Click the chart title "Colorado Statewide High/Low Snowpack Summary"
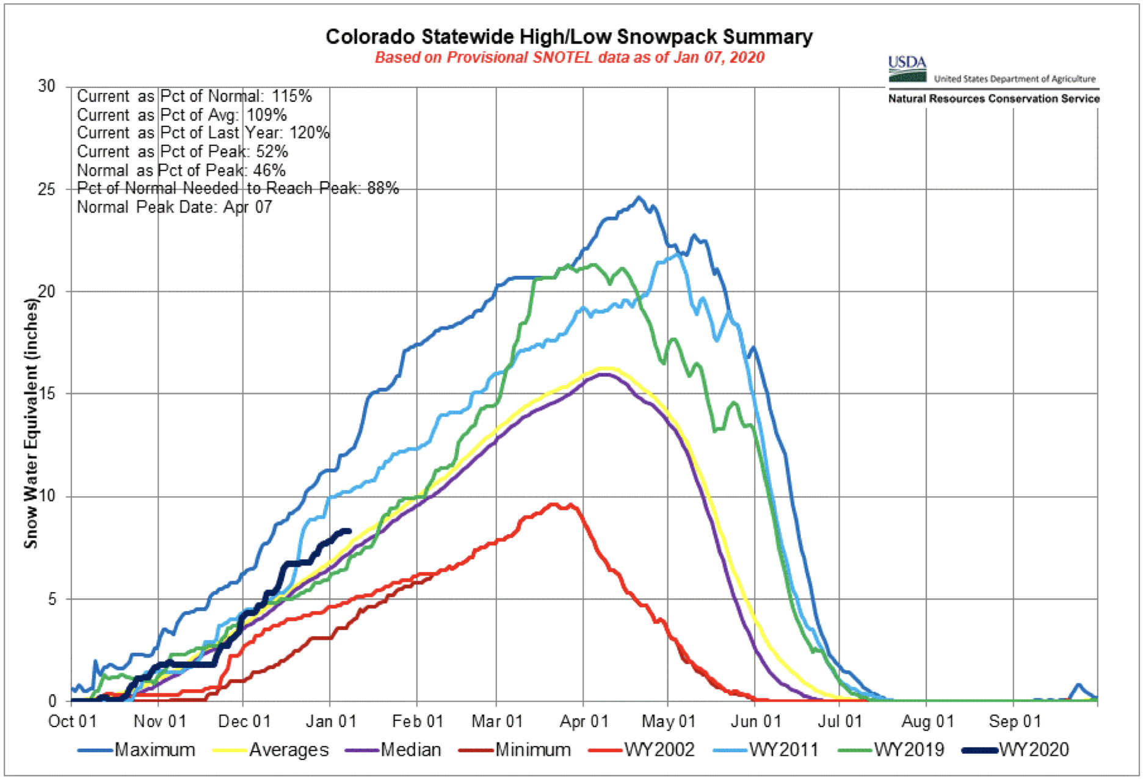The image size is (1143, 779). tap(568, 37)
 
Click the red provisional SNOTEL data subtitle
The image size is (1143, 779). tap(569, 58)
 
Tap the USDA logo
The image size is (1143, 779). tap(907, 69)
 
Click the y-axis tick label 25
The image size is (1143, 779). tap(46, 189)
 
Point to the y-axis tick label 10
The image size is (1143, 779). tap(46, 496)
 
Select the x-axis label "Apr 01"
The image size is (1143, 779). tap(584, 722)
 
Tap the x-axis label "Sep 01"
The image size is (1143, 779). tap(1014, 722)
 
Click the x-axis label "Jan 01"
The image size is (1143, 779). tap(330, 722)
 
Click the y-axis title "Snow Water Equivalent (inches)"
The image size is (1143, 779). tap(31, 422)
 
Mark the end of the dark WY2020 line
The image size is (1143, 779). tap(350, 531)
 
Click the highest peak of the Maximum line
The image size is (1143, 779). tap(639, 197)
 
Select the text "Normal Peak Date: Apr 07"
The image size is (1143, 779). tap(174, 207)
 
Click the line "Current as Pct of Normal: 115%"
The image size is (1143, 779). tap(194, 96)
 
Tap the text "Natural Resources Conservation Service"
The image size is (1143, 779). tap(993, 99)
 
